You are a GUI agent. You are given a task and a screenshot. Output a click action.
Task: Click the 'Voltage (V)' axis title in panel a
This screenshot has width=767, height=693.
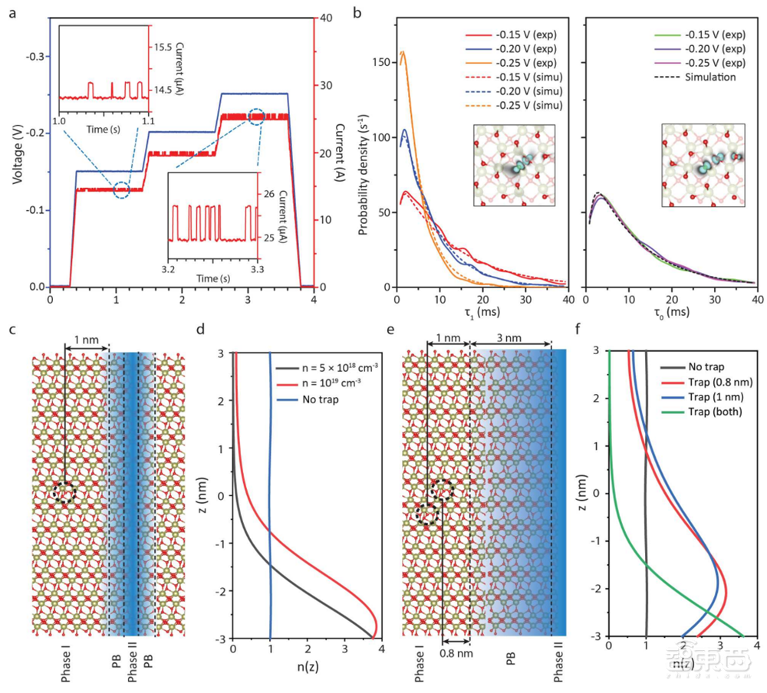[x=16, y=151]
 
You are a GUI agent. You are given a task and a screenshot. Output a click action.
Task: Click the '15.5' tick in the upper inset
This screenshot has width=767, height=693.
[x=162, y=47]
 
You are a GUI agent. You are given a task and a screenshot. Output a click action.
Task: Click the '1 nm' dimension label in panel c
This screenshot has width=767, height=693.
[x=86, y=339]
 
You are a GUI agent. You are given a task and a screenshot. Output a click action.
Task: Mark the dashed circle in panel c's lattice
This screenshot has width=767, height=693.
[x=64, y=492]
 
